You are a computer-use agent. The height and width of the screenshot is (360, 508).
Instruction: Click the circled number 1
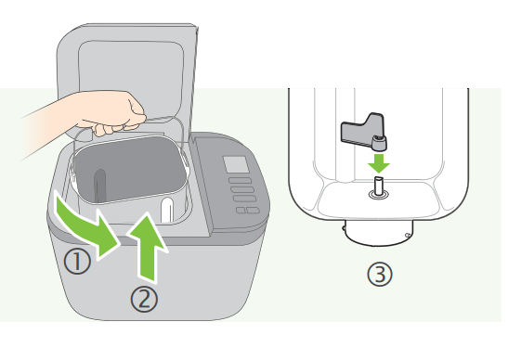point(77,261)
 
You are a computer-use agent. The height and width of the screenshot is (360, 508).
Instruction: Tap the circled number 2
point(144,299)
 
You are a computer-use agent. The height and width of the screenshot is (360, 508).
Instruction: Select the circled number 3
point(380,274)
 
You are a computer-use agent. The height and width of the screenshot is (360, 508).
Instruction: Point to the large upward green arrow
point(147,245)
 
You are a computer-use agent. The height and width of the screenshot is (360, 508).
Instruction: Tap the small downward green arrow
point(378,163)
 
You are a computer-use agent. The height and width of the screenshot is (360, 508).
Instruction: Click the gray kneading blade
point(364,132)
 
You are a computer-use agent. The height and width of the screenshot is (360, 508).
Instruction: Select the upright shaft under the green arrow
point(378,186)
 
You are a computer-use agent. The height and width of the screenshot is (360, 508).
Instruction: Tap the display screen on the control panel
point(236,164)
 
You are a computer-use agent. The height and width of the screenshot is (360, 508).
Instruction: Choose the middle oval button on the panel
point(242,189)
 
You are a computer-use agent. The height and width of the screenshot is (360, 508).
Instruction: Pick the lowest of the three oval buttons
point(244,199)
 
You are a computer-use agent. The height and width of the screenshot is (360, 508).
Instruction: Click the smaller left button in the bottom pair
point(241,211)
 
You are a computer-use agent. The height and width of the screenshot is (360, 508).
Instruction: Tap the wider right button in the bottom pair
point(253,211)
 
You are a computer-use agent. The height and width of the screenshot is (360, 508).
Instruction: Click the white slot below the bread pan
point(167,210)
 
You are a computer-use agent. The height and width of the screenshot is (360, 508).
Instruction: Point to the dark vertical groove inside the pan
point(100,186)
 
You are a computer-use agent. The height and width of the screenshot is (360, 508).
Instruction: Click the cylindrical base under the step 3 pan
point(378,232)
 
